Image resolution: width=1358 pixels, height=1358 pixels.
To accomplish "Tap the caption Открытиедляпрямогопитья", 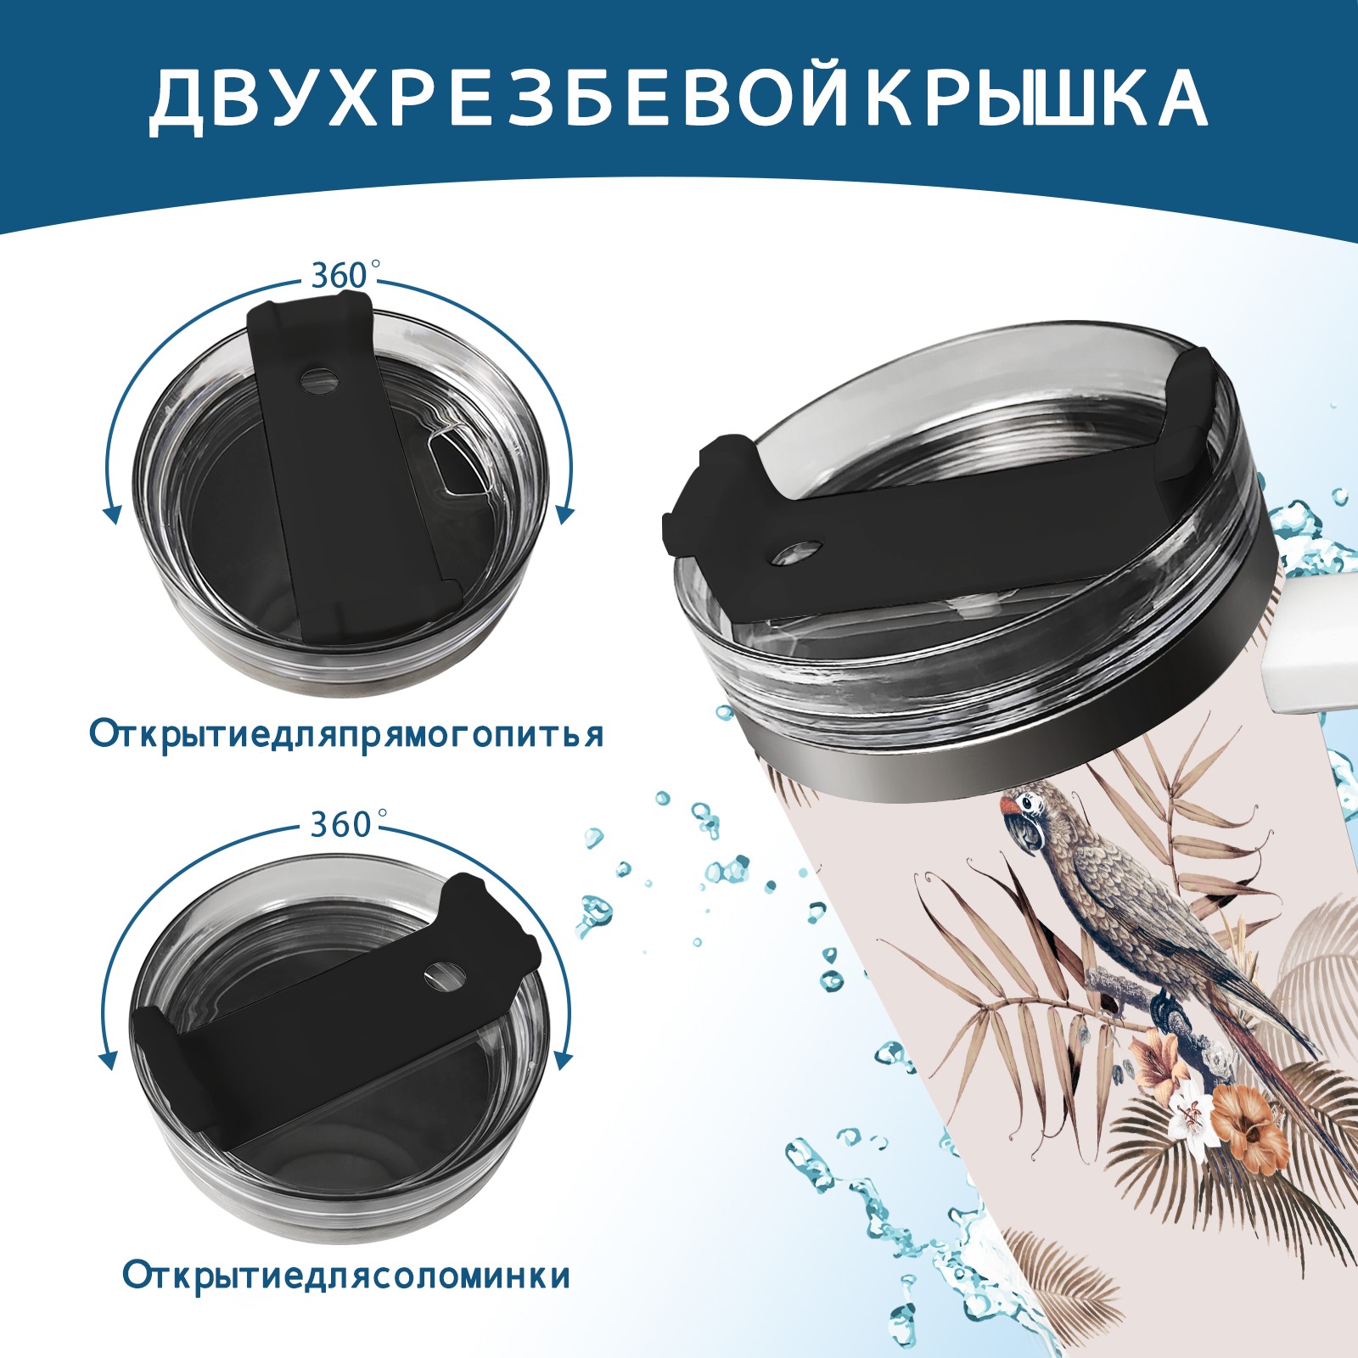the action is [x=346, y=733].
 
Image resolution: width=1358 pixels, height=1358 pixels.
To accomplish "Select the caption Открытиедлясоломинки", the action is [x=346, y=1276].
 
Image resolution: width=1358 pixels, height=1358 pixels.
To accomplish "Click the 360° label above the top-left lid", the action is [x=339, y=276].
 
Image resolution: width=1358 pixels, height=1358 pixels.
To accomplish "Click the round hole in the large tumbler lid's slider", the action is [x=799, y=553].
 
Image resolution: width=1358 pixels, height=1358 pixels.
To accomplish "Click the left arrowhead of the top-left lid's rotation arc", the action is [x=110, y=514].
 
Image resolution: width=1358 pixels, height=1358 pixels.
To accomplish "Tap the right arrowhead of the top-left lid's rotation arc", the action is [x=565, y=514].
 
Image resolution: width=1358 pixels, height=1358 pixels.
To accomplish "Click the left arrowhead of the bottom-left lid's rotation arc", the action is [x=109, y=1060].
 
